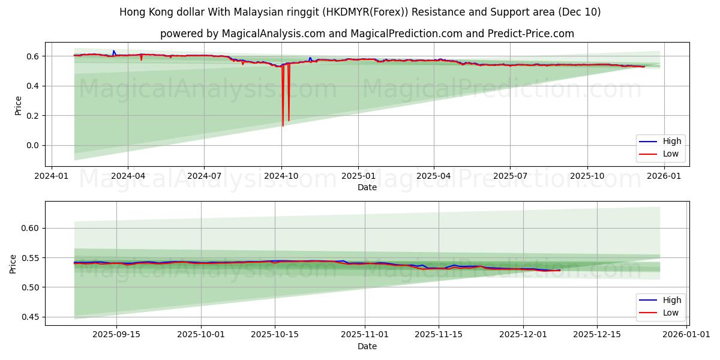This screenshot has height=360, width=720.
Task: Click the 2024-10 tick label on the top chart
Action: [281, 176]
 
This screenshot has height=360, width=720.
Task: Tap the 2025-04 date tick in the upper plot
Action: [434, 176]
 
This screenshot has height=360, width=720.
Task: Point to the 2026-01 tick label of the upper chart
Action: [664, 176]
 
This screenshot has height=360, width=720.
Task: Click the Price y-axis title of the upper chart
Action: [18, 106]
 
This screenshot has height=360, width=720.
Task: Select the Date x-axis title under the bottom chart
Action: [367, 346]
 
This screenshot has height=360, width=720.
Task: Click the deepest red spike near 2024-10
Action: [283, 125]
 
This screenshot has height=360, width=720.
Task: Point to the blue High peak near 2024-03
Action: [113, 51]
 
